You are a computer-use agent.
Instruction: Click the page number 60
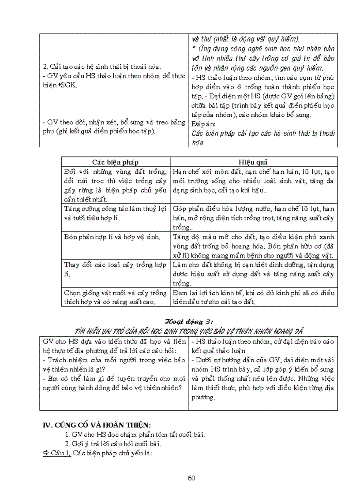(x=191, y=478)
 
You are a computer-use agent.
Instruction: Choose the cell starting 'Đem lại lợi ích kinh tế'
(x=254, y=297)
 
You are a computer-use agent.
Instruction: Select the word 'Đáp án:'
(x=202, y=123)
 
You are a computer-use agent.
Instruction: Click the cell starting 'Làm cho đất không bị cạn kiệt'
(x=254, y=274)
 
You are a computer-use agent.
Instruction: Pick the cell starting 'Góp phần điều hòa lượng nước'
(x=254, y=217)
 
